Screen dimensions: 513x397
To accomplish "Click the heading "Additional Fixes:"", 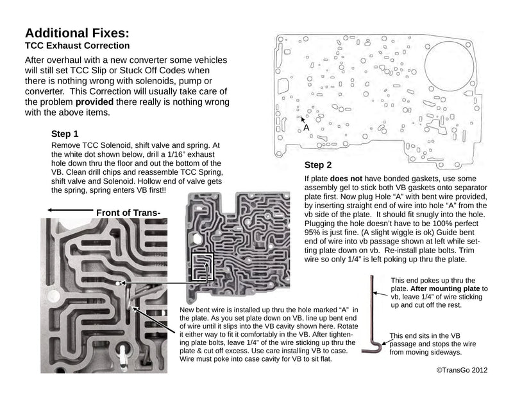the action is [77, 33].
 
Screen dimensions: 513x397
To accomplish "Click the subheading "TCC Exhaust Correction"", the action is [77, 46].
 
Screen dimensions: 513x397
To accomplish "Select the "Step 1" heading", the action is [65, 134].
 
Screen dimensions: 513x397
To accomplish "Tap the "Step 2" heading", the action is [318, 165].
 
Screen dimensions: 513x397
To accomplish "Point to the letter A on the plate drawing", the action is [307, 127].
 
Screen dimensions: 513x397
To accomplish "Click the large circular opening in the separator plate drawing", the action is [449, 66].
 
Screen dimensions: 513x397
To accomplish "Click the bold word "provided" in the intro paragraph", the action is [94, 102].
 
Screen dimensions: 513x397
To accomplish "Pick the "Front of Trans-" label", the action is [128, 213].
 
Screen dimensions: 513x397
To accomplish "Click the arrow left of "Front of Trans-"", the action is [71, 210].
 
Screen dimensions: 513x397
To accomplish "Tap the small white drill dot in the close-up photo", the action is [119, 282].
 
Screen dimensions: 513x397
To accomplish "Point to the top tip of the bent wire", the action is [372, 276].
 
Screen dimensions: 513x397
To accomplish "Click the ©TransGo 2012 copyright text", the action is [462, 370].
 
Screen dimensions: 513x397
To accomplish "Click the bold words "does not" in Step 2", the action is [346, 179].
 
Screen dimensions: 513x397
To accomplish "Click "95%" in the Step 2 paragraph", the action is [312, 233].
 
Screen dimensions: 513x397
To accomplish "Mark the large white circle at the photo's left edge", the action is [53, 297].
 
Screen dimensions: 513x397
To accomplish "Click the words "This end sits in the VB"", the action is [425, 336].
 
